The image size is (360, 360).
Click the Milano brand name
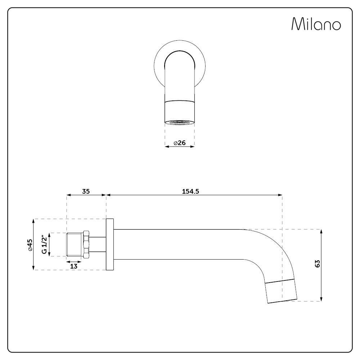pos(316,24)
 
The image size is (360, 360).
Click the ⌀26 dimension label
pos(179,143)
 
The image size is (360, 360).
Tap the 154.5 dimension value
pos(190,191)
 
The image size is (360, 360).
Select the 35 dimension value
pos(86,191)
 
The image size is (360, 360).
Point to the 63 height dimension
pos(317,264)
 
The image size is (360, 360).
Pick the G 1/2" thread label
pos(44,244)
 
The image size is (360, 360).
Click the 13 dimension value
pos(73,266)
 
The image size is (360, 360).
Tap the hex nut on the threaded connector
pos(86,244)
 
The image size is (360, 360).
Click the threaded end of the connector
pos(75,245)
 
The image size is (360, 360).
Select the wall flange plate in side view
pos(110,244)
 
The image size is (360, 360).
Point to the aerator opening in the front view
pos(179,122)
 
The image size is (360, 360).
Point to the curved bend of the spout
pos(274,252)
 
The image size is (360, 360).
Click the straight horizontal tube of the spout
pos(176,244)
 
